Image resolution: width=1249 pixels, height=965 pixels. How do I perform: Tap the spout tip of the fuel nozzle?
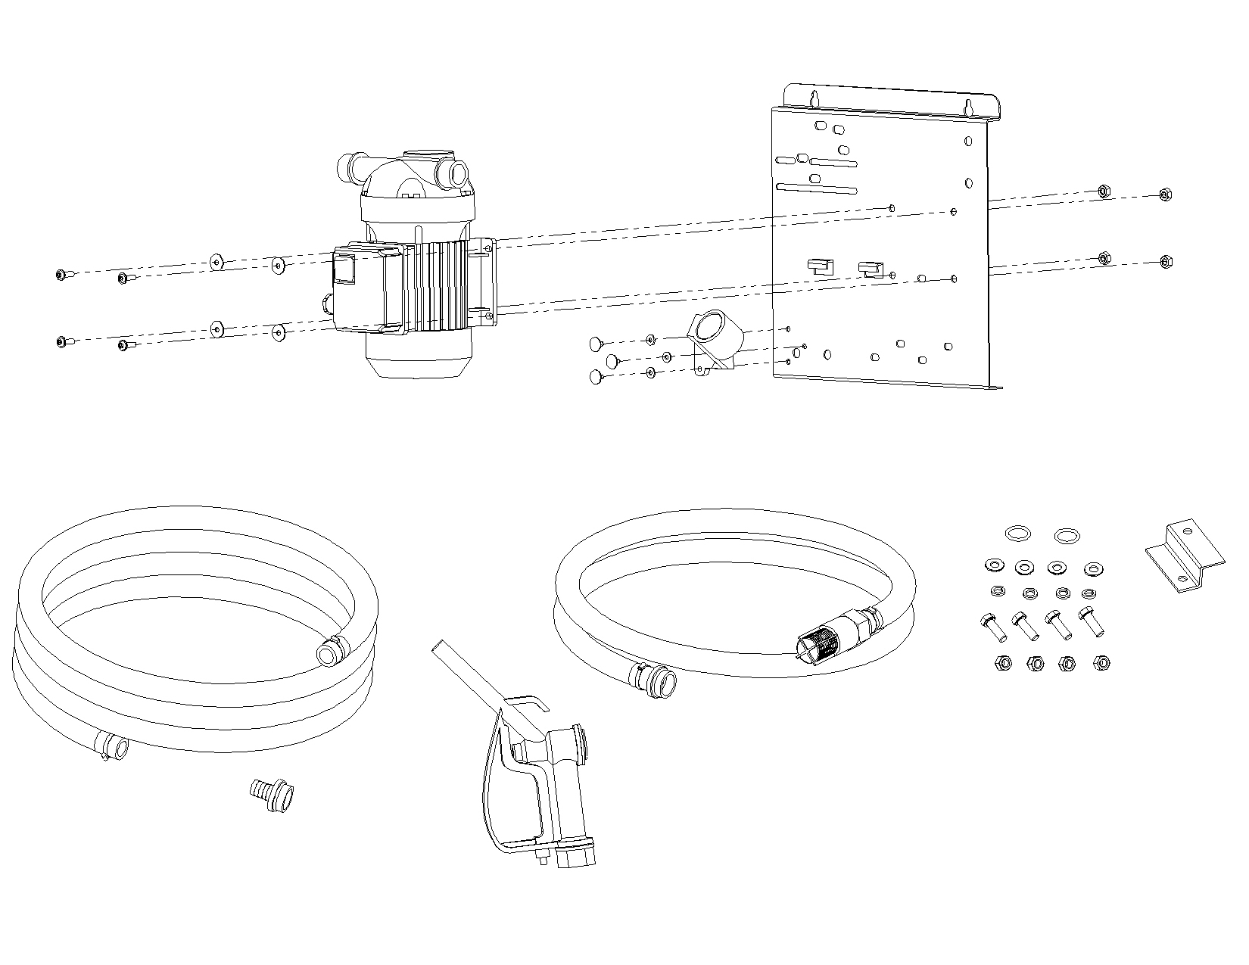tap(438, 648)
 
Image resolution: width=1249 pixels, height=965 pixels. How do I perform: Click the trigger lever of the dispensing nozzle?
tap(492, 787)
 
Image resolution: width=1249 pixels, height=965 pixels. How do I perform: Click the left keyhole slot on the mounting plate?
tap(815, 98)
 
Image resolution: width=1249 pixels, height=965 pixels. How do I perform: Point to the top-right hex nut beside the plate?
tap(1166, 195)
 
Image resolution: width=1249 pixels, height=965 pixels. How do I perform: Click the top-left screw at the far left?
tap(61, 275)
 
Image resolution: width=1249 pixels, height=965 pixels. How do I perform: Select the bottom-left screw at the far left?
tap(61, 342)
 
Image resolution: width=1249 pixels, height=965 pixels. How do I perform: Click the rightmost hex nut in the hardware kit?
tap(1101, 664)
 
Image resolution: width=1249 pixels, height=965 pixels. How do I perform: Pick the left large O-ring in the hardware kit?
tap(1017, 534)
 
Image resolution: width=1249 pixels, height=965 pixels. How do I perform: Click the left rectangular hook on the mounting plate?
tap(818, 266)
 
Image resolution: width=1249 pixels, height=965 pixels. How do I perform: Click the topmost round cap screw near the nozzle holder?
tap(596, 346)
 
